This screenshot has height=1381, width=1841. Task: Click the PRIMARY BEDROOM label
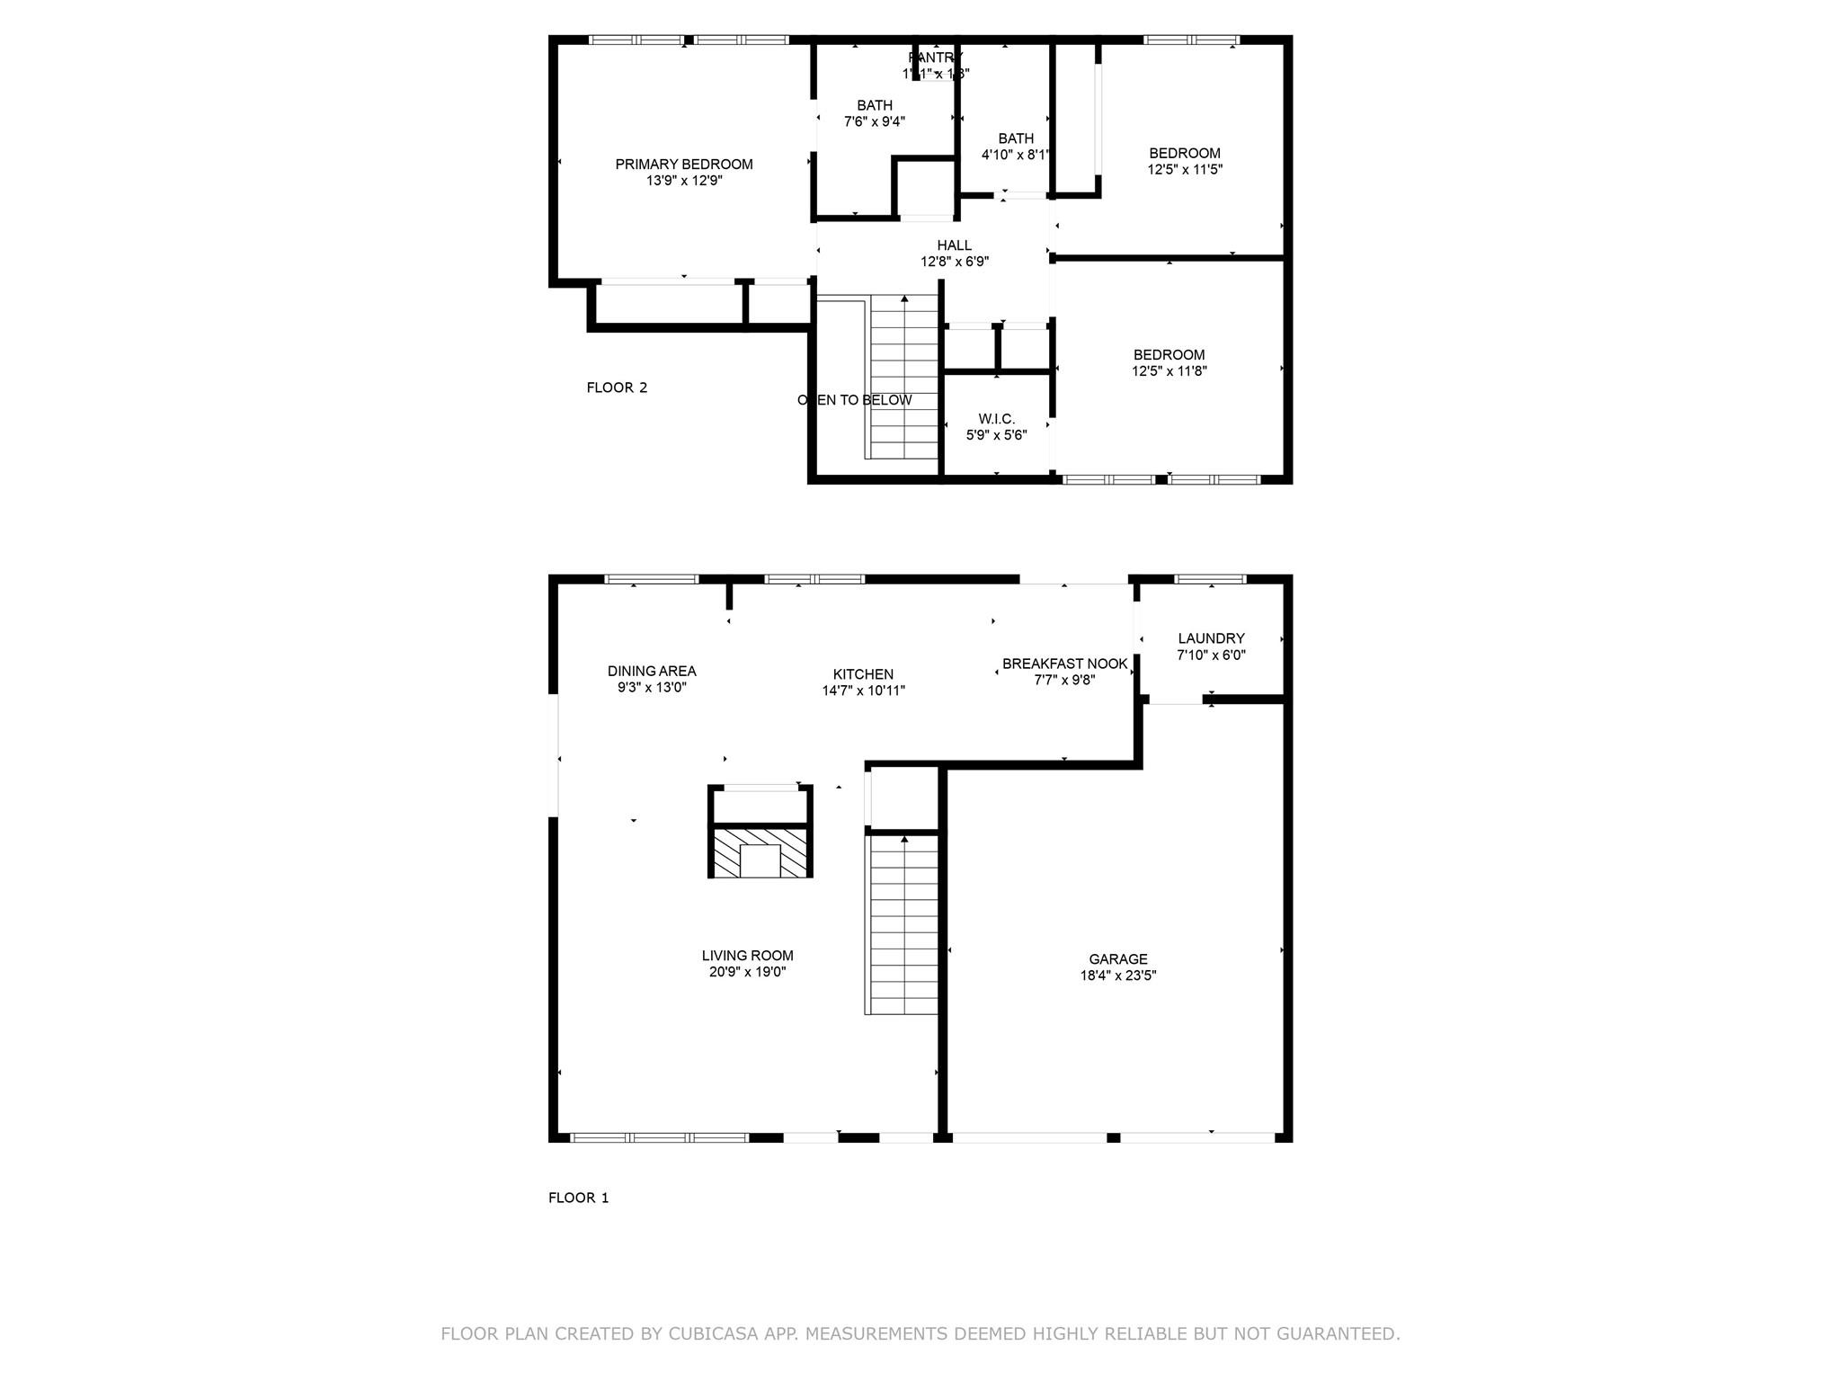click(x=683, y=165)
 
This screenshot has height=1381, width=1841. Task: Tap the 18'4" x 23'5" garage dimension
click(x=1117, y=976)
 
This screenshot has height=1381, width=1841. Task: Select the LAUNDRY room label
click(x=1211, y=638)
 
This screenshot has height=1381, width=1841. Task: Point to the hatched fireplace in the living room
click(x=760, y=852)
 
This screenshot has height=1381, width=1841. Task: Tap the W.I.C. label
click(x=996, y=419)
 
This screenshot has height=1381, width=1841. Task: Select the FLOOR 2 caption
click(x=617, y=388)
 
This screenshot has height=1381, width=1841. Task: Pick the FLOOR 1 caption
click(x=578, y=1198)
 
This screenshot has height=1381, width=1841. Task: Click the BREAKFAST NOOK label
click(x=1064, y=664)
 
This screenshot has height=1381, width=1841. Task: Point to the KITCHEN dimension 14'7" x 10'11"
click(x=863, y=690)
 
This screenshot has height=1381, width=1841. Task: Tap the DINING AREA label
click(x=652, y=671)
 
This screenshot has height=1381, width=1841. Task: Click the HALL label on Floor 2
click(x=954, y=245)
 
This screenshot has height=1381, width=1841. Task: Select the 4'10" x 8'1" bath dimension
click(x=1015, y=155)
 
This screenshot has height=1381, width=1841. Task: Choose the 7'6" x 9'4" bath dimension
click(x=874, y=121)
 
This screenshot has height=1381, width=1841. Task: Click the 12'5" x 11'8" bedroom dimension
click(x=1169, y=370)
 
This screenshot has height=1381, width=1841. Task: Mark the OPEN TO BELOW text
click(x=854, y=400)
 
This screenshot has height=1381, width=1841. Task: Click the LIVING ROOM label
click(x=747, y=956)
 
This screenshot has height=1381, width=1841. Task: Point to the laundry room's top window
click(x=1210, y=579)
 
